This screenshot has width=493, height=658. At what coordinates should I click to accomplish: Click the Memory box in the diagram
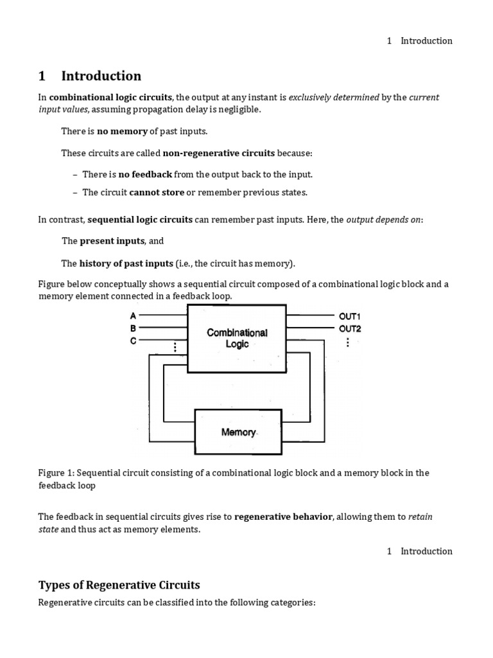[239, 431]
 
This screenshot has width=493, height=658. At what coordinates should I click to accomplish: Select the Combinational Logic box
[237, 338]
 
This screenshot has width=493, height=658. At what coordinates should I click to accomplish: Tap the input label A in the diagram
[134, 316]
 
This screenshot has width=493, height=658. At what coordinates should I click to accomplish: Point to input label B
[134, 328]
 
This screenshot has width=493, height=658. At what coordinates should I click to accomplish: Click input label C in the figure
[134, 341]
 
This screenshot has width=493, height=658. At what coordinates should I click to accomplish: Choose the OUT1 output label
[350, 316]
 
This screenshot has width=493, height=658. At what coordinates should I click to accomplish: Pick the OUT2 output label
[350, 328]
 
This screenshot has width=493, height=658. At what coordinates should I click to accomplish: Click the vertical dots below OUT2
[347, 342]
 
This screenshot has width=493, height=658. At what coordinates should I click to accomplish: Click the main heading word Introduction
[101, 76]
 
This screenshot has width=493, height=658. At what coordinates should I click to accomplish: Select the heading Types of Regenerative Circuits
[119, 585]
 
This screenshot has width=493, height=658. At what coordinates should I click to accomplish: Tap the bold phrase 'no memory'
[122, 131]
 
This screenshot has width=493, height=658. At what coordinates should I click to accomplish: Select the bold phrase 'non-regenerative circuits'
[219, 153]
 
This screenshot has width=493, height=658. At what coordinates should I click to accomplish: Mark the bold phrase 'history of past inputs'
[126, 263]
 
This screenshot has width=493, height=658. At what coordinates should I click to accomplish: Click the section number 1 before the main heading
[42, 76]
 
